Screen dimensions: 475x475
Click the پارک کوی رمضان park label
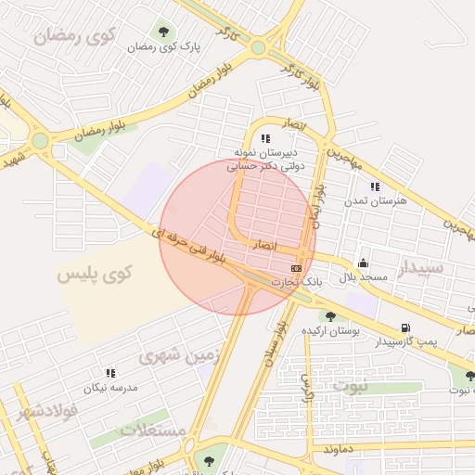[153, 45]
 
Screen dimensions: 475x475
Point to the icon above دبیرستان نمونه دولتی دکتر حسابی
[266, 138]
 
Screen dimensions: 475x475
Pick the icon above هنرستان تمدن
[375, 186]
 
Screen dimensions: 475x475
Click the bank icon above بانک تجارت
[297, 268]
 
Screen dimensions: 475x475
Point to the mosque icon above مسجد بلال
[361, 263]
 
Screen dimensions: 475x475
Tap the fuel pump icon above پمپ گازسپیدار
[404, 327]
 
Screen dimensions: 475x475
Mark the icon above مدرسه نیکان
[111, 373]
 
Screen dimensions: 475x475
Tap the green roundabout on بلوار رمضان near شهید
[40, 141]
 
